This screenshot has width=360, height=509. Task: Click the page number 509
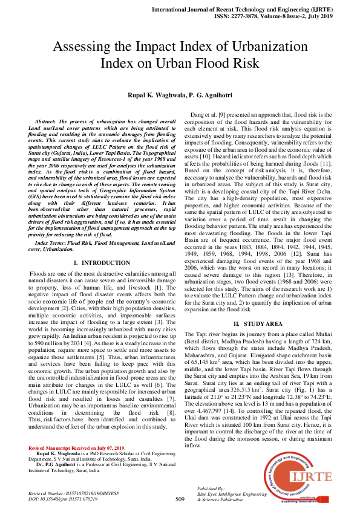pyautogui.click(x=180, y=499)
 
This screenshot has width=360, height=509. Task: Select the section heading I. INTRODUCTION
pyautogui.click(x=102, y=262)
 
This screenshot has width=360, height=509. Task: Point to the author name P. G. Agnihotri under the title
pyautogui.click(x=208, y=96)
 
